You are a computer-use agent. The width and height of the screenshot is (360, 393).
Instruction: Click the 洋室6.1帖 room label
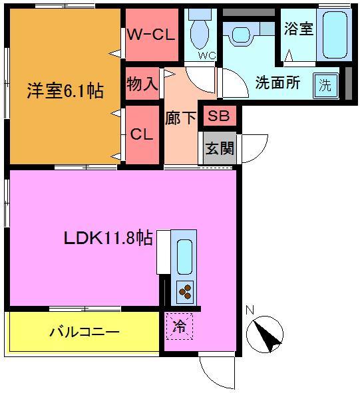click(x=65, y=90)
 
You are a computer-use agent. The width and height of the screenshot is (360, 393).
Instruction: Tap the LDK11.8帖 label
click(x=108, y=238)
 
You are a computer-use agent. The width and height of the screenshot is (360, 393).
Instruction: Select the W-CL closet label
click(x=151, y=34)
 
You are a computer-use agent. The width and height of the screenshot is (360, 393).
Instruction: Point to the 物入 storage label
click(x=142, y=84)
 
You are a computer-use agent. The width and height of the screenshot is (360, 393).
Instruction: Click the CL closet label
click(x=141, y=134)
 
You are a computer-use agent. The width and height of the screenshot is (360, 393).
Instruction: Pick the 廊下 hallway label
click(x=180, y=118)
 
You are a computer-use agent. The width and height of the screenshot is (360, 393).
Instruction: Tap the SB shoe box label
click(x=218, y=116)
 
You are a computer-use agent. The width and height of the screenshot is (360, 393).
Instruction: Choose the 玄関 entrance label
click(x=218, y=148)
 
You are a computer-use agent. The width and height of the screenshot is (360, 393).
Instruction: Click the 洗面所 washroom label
click(x=278, y=84)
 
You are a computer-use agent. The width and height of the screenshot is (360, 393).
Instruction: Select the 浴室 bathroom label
click(x=298, y=30)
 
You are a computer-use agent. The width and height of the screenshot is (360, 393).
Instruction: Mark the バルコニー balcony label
click(x=84, y=331)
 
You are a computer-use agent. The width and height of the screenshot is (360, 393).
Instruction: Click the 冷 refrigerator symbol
click(x=178, y=326)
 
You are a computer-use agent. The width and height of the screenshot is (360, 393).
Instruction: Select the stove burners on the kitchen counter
click(x=185, y=290)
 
